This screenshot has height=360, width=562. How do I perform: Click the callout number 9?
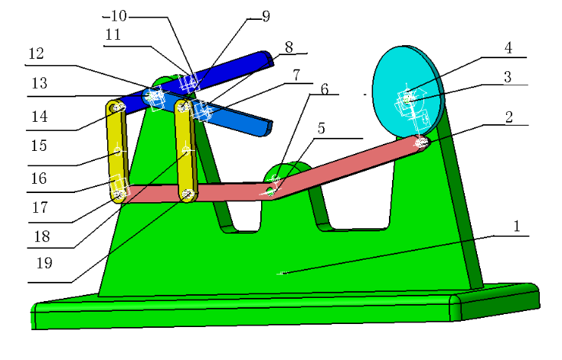[266, 15]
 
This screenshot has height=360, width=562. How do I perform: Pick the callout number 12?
[36, 55]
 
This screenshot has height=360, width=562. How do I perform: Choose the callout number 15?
[36, 145]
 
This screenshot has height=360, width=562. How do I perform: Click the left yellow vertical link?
[117, 153]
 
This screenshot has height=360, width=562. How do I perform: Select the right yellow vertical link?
[186, 153]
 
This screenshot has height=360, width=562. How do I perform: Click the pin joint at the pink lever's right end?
[420, 142]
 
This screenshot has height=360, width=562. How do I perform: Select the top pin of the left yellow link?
[116, 108]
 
